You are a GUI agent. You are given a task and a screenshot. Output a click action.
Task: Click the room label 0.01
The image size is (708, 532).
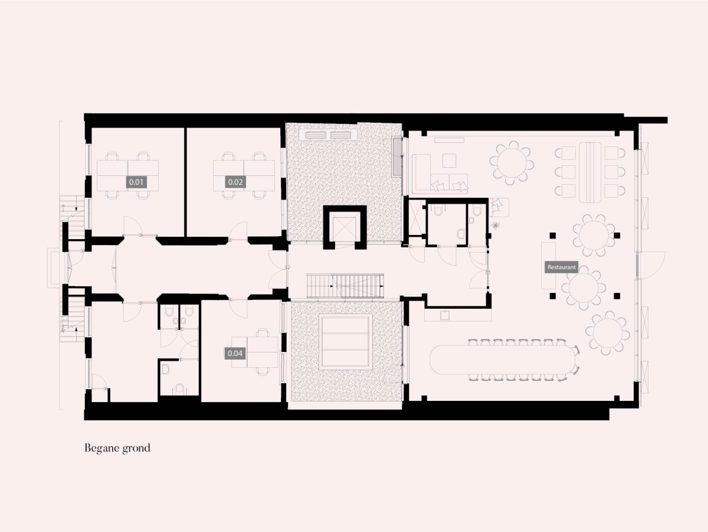pos(136,182)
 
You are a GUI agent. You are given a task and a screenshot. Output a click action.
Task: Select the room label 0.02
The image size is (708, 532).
pos(235,182)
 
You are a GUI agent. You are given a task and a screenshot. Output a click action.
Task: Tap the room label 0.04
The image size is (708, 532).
pos(235,353)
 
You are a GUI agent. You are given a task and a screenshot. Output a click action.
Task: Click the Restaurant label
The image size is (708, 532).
pos(561,267)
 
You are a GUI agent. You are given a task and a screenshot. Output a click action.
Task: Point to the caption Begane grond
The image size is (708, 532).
pos(117,448)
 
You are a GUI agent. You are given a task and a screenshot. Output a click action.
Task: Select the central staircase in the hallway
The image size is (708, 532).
pos(345,286)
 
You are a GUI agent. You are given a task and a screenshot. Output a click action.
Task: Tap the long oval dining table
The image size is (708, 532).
pos(503,360)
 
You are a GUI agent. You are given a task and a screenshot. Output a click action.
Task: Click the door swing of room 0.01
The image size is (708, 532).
pos(132,226)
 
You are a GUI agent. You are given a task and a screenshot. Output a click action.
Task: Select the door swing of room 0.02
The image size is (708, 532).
pos(239,231)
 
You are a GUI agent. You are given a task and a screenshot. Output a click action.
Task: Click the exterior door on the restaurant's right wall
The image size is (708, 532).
pos(651,265)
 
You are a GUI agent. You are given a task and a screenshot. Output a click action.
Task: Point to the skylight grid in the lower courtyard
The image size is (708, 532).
pos(345,342)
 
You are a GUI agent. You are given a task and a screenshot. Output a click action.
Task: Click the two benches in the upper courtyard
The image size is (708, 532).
pos(329,135)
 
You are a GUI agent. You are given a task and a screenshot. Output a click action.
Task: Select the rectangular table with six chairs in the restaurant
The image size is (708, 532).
pos(590,172)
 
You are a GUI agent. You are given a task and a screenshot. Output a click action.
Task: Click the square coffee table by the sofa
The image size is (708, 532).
pos(449,161)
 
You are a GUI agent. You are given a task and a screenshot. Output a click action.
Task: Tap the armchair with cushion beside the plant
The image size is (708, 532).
pos(499,207)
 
